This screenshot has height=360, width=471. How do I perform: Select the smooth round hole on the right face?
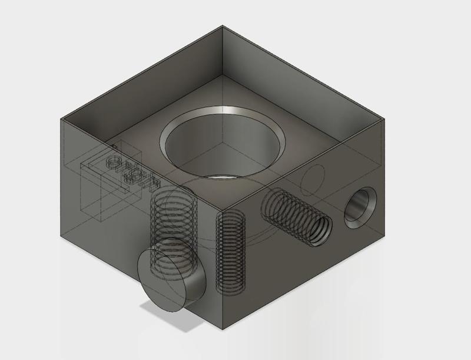(x=360, y=208)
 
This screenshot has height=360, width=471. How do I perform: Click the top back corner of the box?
(x=223, y=26)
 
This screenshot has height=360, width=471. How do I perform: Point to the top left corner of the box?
(x=61, y=118)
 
